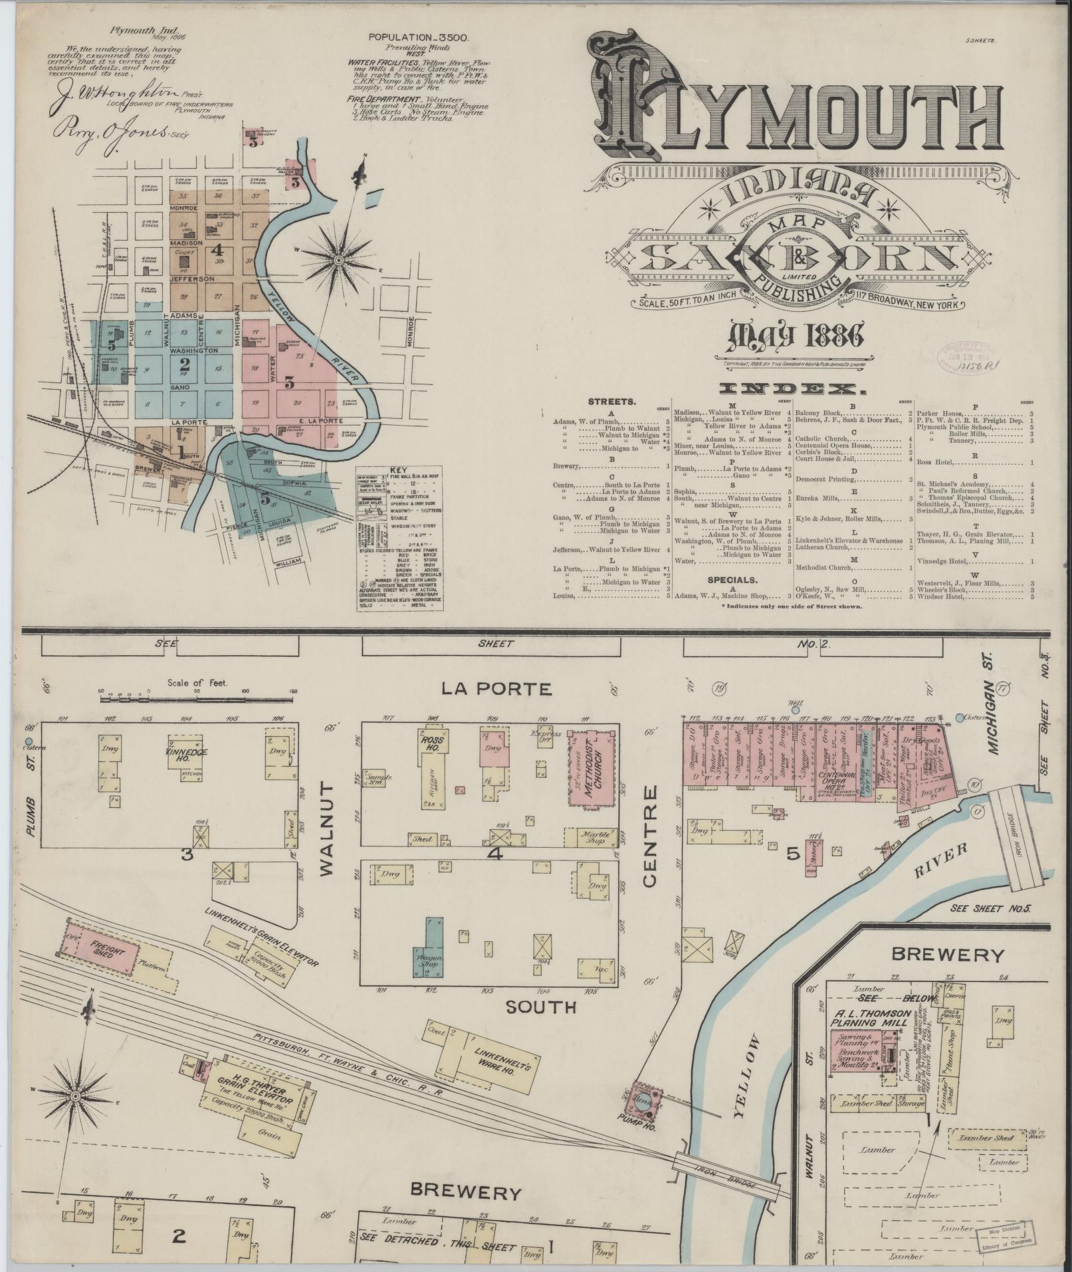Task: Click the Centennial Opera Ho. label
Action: click(839, 778)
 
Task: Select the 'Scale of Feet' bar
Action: click(197, 692)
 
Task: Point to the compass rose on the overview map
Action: click(338, 259)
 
